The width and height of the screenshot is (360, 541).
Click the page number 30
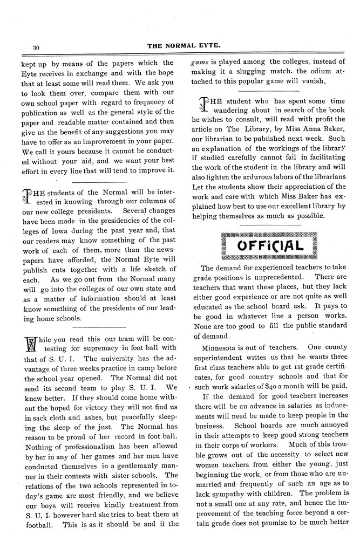[x=36, y=47]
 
